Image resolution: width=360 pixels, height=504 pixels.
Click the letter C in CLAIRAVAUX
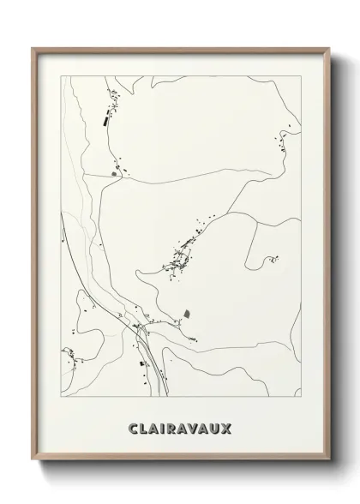click(133, 426)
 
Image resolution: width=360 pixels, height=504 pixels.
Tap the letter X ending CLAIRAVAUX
click(226, 426)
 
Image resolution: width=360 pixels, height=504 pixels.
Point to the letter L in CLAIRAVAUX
click(144, 426)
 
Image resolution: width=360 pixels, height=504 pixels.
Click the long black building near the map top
click(105, 120)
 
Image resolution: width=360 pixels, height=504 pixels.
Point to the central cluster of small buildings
click(182, 254)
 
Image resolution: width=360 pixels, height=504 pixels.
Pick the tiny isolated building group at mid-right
click(273, 257)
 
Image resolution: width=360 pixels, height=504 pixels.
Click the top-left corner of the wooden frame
click(33, 49)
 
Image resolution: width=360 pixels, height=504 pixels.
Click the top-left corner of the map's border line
click(58, 75)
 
